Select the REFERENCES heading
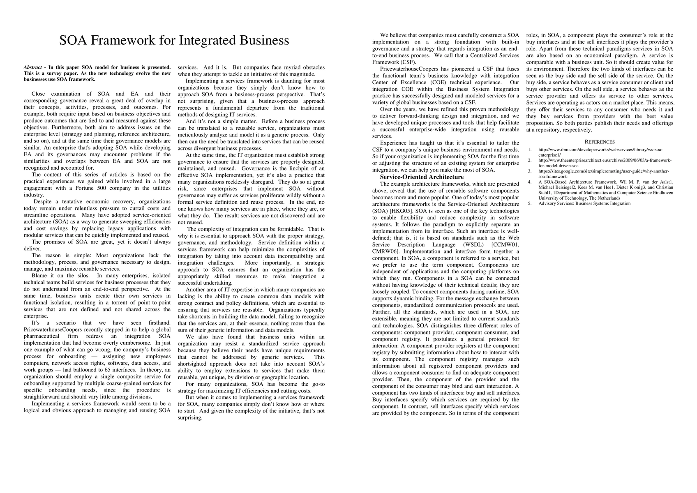coord(600,142)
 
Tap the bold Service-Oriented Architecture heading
coord(422,177)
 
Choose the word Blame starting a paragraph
coord(39,276)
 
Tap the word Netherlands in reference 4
coord(609,198)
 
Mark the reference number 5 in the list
coord(530,203)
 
